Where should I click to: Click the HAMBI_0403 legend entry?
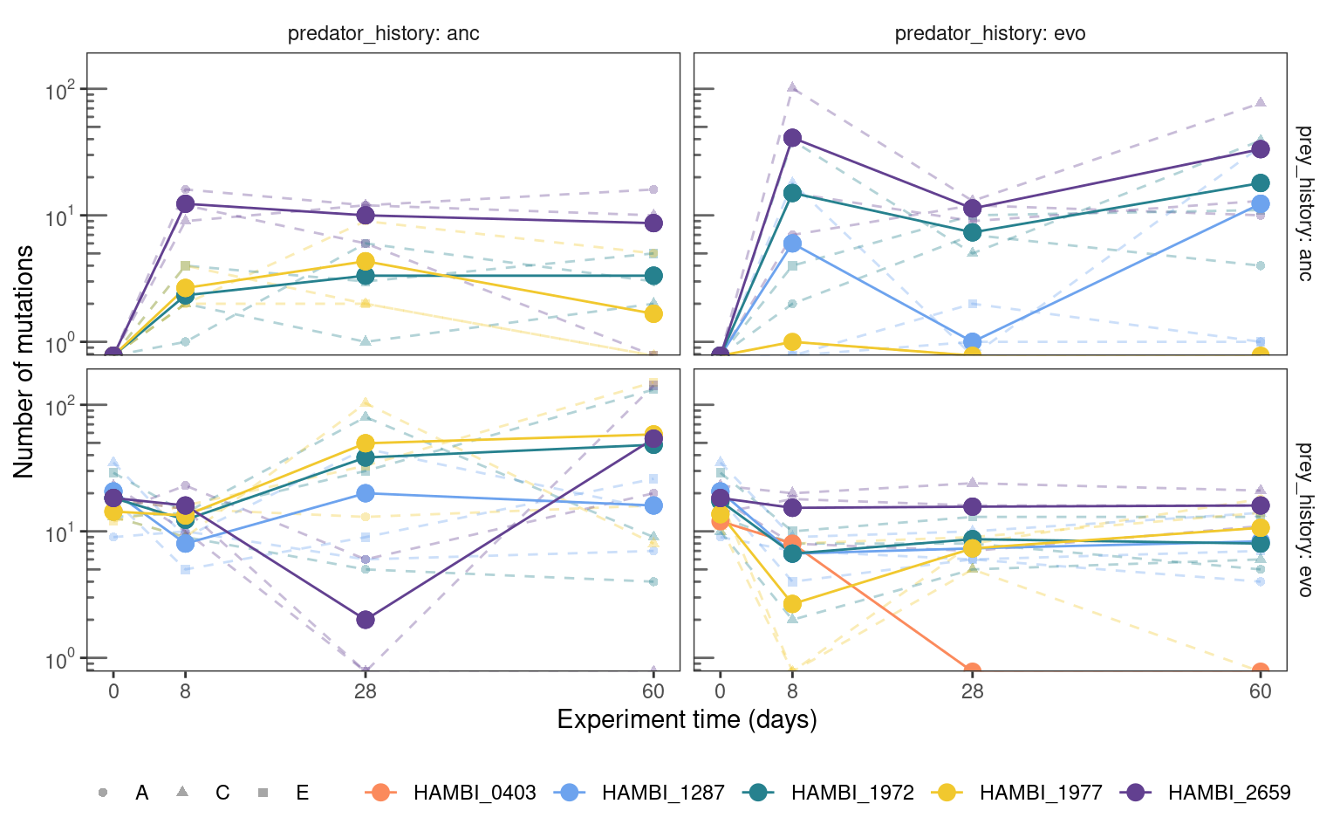(451, 793)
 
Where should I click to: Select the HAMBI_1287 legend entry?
(639, 793)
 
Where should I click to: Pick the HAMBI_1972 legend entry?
(829, 793)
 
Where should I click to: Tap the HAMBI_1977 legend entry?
(1017, 793)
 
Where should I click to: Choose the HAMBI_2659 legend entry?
(1206, 793)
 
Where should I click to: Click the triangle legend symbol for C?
(182, 792)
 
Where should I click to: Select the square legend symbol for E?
(263, 793)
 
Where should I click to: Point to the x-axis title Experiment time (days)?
(687, 719)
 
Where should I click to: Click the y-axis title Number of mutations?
(24, 362)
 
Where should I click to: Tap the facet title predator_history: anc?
(384, 33)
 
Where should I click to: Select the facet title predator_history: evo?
(990, 33)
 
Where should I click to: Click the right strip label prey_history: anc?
(1304, 203)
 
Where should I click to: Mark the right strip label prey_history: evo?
(1304, 519)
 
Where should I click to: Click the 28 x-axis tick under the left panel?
(365, 692)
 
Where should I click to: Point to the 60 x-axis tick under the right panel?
(1261, 692)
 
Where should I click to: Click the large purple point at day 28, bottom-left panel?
(366, 620)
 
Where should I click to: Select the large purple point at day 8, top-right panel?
(793, 138)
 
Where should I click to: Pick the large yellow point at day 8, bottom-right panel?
(793, 604)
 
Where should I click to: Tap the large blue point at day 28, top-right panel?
(973, 342)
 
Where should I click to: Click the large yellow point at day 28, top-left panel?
(366, 261)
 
